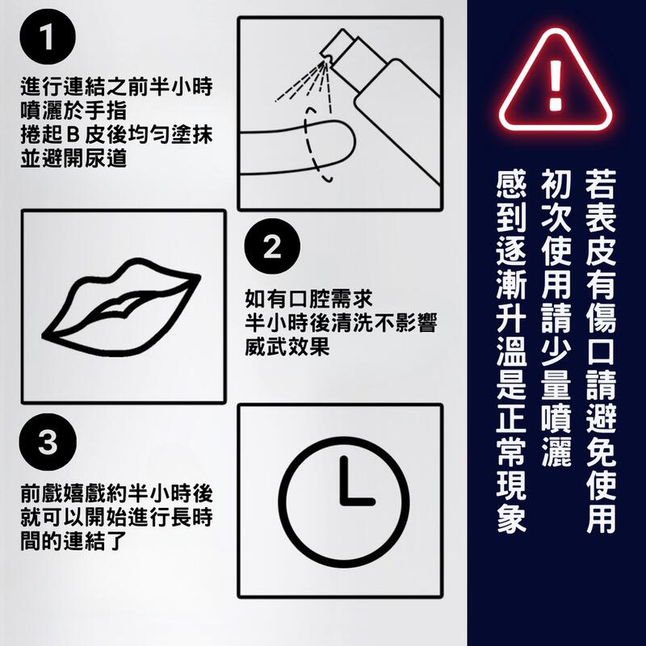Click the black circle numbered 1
click(48, 36)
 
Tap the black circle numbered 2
click(272, 246)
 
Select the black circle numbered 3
click(48, 442)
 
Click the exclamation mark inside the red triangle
click(556, 86)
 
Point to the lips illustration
click(121, 307)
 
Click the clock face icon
click(343, 502)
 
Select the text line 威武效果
click(287, 346)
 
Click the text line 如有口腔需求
click(308, 299)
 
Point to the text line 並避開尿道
click(73, 158)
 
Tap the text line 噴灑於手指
click(73, 111)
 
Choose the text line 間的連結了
click(73, 540)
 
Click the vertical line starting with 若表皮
click(601, 351)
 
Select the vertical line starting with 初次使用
click(556, 318)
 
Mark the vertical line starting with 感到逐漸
click(511, 351)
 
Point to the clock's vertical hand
click(343, 480)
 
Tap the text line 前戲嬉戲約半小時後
click(116, 493)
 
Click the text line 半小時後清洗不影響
click(341, 322)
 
